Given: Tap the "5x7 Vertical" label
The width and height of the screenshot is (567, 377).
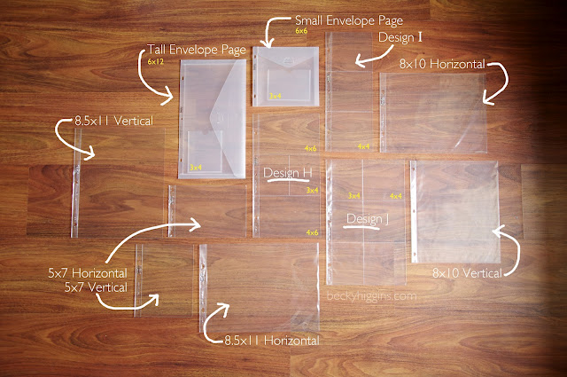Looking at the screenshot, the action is click(x=95, y=287).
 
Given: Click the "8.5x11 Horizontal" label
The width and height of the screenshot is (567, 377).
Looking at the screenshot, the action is click(x=271, y=340).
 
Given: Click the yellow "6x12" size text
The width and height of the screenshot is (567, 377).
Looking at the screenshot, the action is click(x=156, y=63).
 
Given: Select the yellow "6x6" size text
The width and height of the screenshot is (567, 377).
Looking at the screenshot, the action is click(x=301, y=31).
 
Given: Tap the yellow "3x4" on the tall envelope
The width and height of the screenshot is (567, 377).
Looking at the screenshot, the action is click(x=196, y=166).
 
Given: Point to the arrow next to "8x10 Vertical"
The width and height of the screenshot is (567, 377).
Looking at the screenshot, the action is click(x=503, y=244).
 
